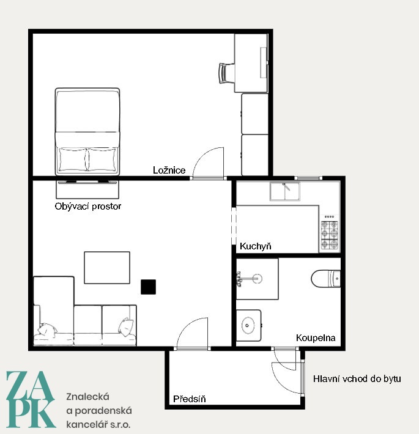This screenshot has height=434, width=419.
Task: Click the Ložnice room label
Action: (169, 170)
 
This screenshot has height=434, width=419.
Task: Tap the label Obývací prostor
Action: (88, 206)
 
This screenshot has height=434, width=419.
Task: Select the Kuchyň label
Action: (255, 246)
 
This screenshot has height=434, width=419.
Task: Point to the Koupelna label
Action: (316, 337)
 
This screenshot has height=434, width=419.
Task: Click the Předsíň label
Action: (190, 399)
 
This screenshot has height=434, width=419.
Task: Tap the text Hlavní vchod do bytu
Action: (357, 378)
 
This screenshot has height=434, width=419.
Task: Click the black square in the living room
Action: (148, 287)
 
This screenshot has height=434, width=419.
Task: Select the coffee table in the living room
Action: (107, 268)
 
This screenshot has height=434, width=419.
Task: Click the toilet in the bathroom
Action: (326, 279)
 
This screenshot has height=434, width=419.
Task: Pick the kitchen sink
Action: (284, 191)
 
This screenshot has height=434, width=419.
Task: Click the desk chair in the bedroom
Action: (226, 73)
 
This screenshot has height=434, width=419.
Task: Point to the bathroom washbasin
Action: (248, 325)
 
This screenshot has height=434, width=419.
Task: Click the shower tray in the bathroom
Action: (258, 279)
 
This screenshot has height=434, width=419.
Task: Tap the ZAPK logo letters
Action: (31, 399)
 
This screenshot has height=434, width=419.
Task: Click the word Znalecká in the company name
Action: (88, 397)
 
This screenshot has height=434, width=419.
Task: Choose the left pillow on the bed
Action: (73, 160)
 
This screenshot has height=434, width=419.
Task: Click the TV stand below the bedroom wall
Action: (87, 189)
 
